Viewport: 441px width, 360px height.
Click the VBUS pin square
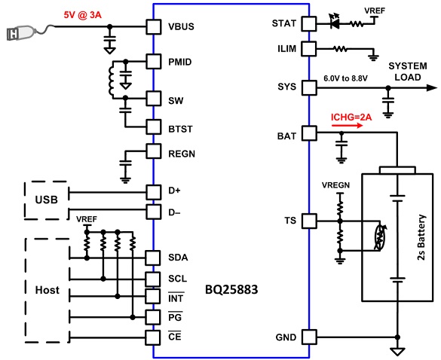coord(154,27)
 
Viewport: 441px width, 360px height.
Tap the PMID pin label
coord(179,62)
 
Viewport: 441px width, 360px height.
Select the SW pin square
coord(154,99)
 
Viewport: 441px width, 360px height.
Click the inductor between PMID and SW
coord(112,80)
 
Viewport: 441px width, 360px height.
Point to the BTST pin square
coord(154,127)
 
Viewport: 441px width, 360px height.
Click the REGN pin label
coord(182,154)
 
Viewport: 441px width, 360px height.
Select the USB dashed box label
coord(46,200)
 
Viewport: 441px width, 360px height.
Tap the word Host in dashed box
coord(47,290)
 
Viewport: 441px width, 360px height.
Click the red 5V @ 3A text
coord(82,14)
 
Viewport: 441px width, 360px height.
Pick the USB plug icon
coord(21,32)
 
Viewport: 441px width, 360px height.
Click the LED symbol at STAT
coord(335,23)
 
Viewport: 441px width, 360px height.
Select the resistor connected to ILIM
coord(340,49)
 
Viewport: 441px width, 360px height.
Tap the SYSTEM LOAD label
coord(408,72)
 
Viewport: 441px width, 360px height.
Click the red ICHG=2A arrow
coord(348,125)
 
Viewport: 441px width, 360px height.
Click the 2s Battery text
coord(421,237)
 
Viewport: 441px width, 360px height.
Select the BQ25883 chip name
coord(231,289)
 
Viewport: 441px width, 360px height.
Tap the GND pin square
coord(309,337)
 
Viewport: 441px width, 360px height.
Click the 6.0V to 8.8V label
coord(345,78)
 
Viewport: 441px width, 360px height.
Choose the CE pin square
coord(153,337)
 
